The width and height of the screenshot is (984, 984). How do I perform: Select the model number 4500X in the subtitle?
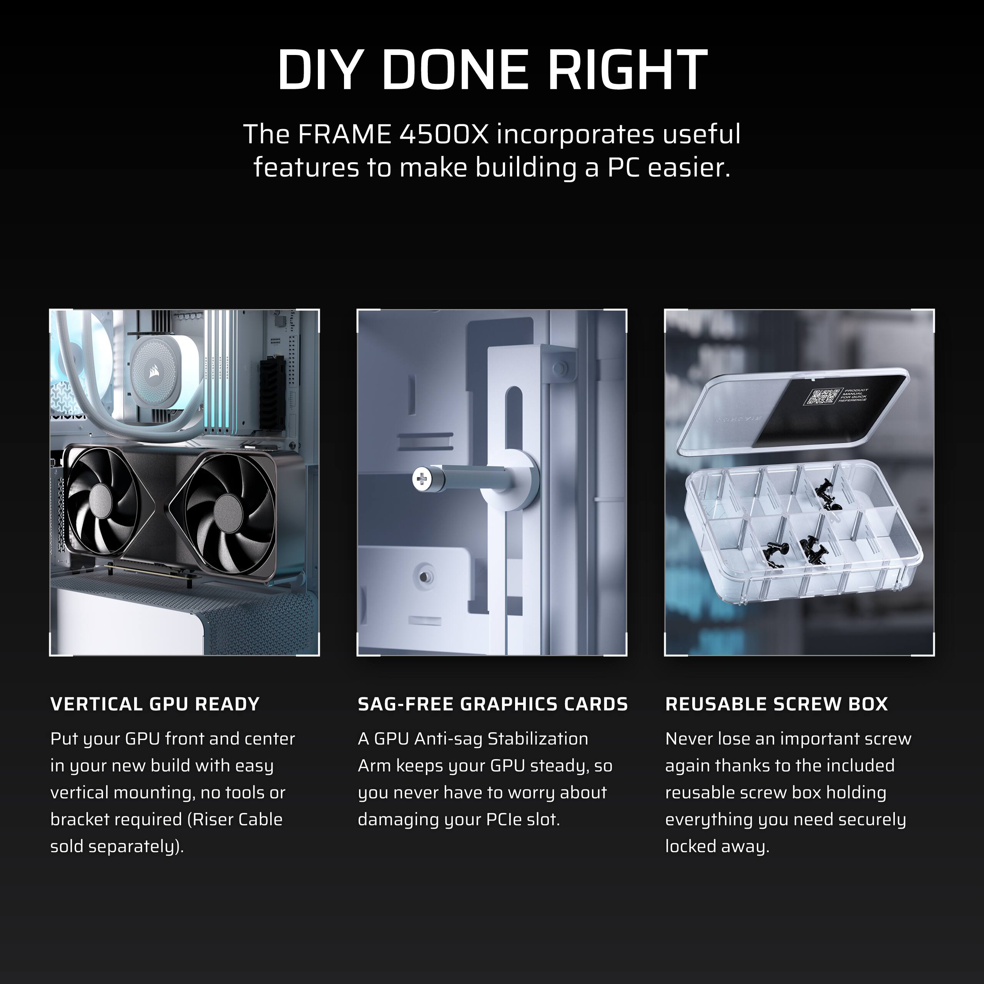point(444,134)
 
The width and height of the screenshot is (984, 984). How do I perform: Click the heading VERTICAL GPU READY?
point(155,704)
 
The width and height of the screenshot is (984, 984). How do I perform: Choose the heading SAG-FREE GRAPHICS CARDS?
point(492,704)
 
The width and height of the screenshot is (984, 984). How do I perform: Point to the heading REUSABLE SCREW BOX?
point(776,704)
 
